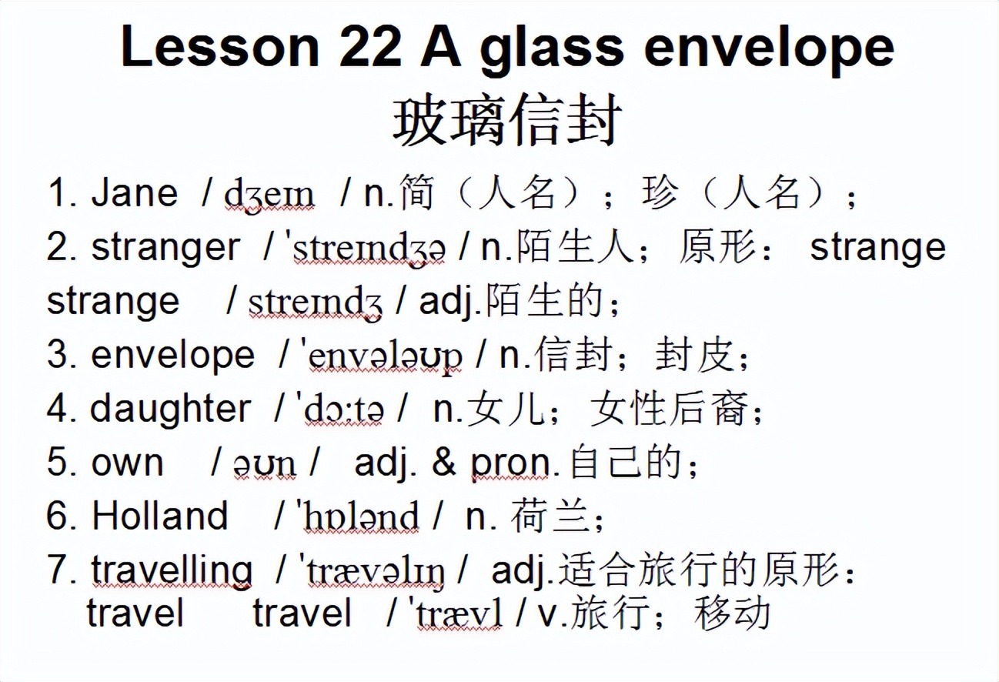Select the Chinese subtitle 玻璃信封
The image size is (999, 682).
tap(507, 121)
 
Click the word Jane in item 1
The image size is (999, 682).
tap(134, 193)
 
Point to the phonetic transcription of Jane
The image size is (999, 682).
tap(269, 195)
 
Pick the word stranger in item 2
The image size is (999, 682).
tap(165, 248)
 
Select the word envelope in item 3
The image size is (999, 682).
tap(172, 355)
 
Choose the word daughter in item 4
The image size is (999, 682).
tap(170, 409)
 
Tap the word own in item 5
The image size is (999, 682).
tap(127, 463)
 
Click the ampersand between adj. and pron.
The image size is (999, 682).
tap(443, 463)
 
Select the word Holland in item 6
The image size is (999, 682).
tap(160, 516)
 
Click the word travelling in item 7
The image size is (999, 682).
tap(171, 570)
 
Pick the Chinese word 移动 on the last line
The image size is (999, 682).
tap(732, 613)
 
